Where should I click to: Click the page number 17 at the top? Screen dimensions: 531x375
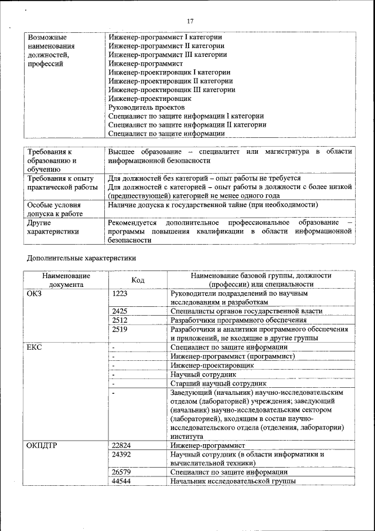click(x=190, y=22)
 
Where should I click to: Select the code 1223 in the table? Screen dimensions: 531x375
click(x=120, y=293)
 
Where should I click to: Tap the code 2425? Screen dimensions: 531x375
click(x=120, y=311)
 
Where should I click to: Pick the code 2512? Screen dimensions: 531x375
click(x=120, y=320)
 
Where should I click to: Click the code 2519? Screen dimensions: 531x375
click(x=120, y=330)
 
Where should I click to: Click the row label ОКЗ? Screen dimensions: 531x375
click(x=35, y=293)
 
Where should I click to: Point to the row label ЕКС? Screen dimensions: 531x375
click(x=35, y=347)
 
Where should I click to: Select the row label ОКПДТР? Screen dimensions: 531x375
click(x=41, y=445)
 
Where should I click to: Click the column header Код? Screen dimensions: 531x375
click(x=138, y=280)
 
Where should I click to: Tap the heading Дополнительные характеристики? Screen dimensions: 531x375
click(x=82, y=258)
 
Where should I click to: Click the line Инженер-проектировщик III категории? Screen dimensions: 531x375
click(x=172, y=90)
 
